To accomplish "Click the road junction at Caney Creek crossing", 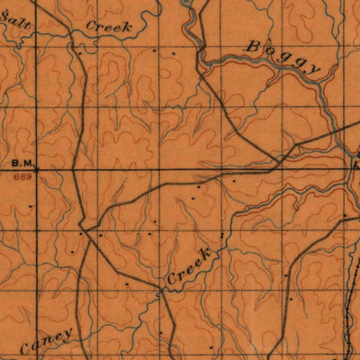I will [163, 290].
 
